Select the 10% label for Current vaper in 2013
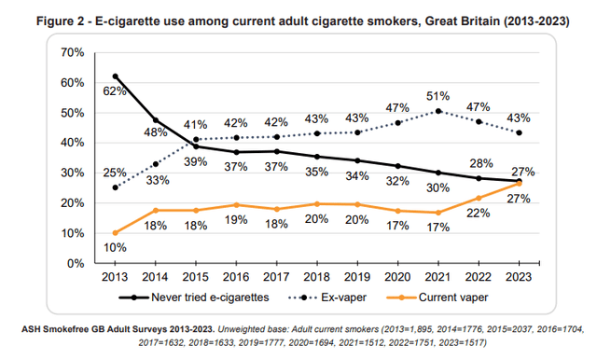coord(114,248)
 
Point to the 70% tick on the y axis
coord(72,52)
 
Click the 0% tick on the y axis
coord(76,263)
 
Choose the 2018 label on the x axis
coord(318,278)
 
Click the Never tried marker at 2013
coord(116,76)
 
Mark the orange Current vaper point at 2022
coord(479,198)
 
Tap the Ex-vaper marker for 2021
coord(438,111)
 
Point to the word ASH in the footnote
coord(33,328)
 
